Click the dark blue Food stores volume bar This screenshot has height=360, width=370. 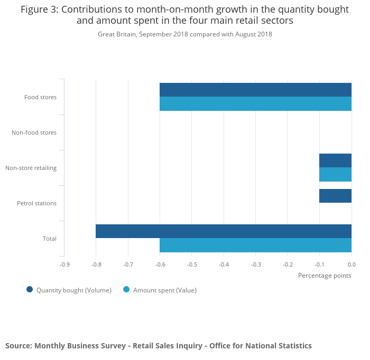[x=255, y=90]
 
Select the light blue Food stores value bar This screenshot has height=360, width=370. [x=255, y=103]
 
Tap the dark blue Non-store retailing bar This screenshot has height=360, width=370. [x=335, y=160]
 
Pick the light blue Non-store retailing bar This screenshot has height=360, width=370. [x=335, y=174]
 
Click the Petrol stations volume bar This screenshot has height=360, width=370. [x=335, y=196]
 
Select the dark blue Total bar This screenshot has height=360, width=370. [x=224, y=231]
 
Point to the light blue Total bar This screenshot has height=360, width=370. [x=255, y=245]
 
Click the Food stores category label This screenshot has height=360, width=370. [x=40, y=97]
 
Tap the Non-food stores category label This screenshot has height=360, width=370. [x=34, y=132]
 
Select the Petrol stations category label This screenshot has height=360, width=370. [x=36, y=203]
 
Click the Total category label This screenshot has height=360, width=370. [x=50, y=239]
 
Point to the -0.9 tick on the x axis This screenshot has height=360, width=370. [x=64, y=264]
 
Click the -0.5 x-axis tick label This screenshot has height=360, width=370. [x=191, y=264]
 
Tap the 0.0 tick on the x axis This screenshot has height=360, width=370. [x=351, y=264]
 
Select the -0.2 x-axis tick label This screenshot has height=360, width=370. [x=287, y=264]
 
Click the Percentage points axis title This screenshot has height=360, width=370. [x=325, y=276]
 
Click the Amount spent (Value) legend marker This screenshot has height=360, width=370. [x=126, y=289]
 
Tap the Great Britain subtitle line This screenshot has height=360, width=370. [x=185, y=34]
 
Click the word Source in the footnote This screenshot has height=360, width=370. [x=18, y=346]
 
